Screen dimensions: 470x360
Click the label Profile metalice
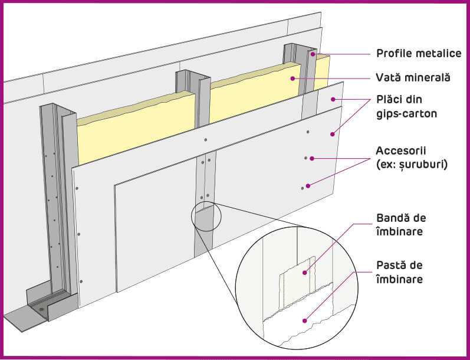[419, 53]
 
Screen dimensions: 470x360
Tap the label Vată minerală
[413, 77]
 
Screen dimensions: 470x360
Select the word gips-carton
[406, 114]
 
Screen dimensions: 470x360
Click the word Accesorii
[401, 150]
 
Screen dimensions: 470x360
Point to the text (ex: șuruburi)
[412, 165]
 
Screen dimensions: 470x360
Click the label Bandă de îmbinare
[401, 225]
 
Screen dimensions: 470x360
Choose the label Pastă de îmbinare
[400, 272]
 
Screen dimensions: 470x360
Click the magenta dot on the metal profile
[313, 54]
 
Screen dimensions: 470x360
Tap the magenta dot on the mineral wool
[293, 78]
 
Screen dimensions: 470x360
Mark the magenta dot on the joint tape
[304, 273]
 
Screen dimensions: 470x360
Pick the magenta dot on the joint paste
[304, 320]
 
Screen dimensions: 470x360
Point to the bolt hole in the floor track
[41, 309]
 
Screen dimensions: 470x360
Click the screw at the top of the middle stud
[205, 140]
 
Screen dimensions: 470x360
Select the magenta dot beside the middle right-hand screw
[312, 158]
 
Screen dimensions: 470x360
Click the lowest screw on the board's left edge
[81, 282]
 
